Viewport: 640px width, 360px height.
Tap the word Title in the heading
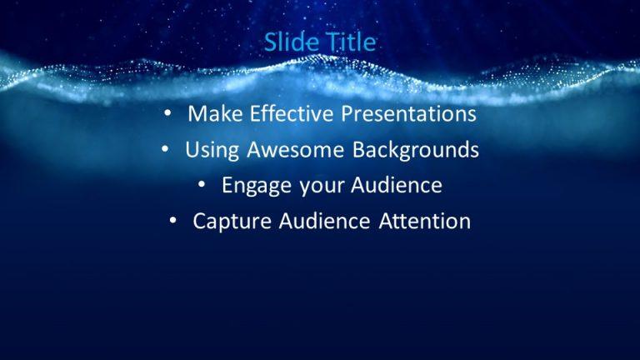tap(351, 42)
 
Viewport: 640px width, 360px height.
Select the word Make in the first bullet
tap(212, 113)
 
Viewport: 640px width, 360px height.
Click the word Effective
tap(282, 113)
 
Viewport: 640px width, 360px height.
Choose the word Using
tap(212, 150)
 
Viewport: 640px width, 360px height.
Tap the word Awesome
tap(295, 150)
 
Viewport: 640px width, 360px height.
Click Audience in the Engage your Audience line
tap(394, 185)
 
